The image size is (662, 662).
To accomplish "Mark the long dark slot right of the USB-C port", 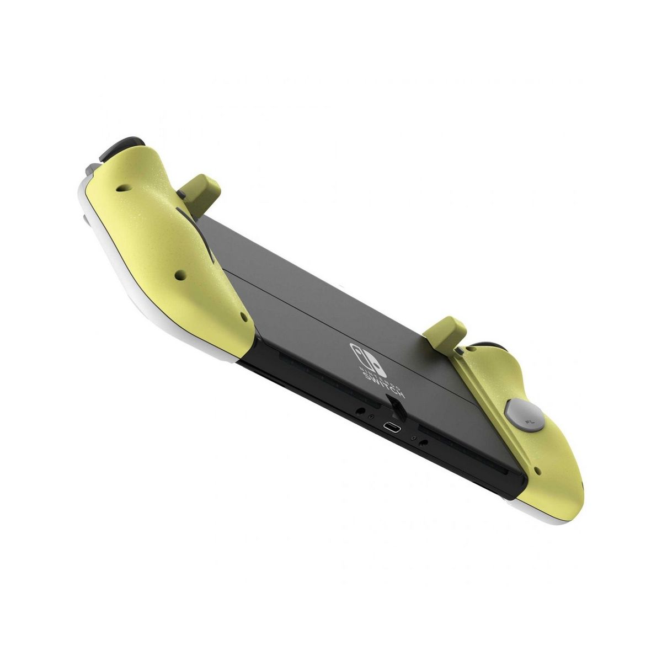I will pos(469,463).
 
